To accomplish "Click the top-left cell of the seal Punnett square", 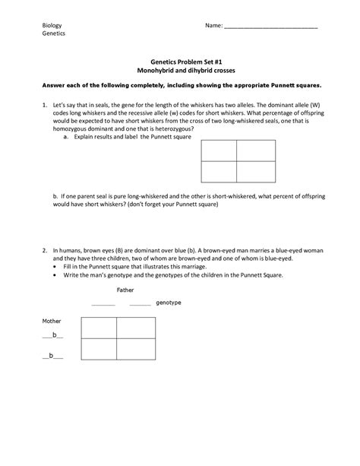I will point(218,151).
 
